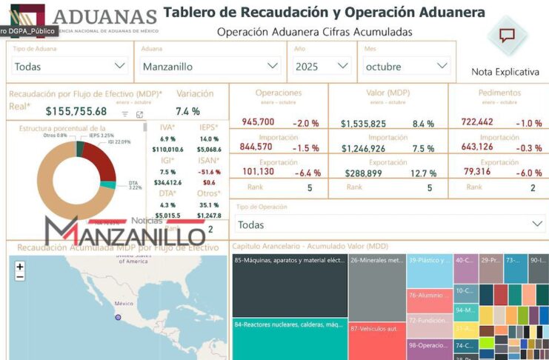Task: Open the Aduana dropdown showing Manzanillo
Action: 210,66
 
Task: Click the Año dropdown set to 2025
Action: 322,66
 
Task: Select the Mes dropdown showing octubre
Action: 407,66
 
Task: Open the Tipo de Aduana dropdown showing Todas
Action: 70,66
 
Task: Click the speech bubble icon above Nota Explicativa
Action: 507,36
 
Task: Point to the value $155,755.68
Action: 76,111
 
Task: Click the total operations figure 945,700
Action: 258,122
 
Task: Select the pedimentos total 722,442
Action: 477,122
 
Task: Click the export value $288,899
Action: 365,173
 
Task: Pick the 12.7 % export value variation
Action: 424,173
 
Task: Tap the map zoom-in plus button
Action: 20,267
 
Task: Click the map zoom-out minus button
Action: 20,277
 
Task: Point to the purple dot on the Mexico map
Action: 117,317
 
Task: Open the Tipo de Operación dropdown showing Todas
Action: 390,224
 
